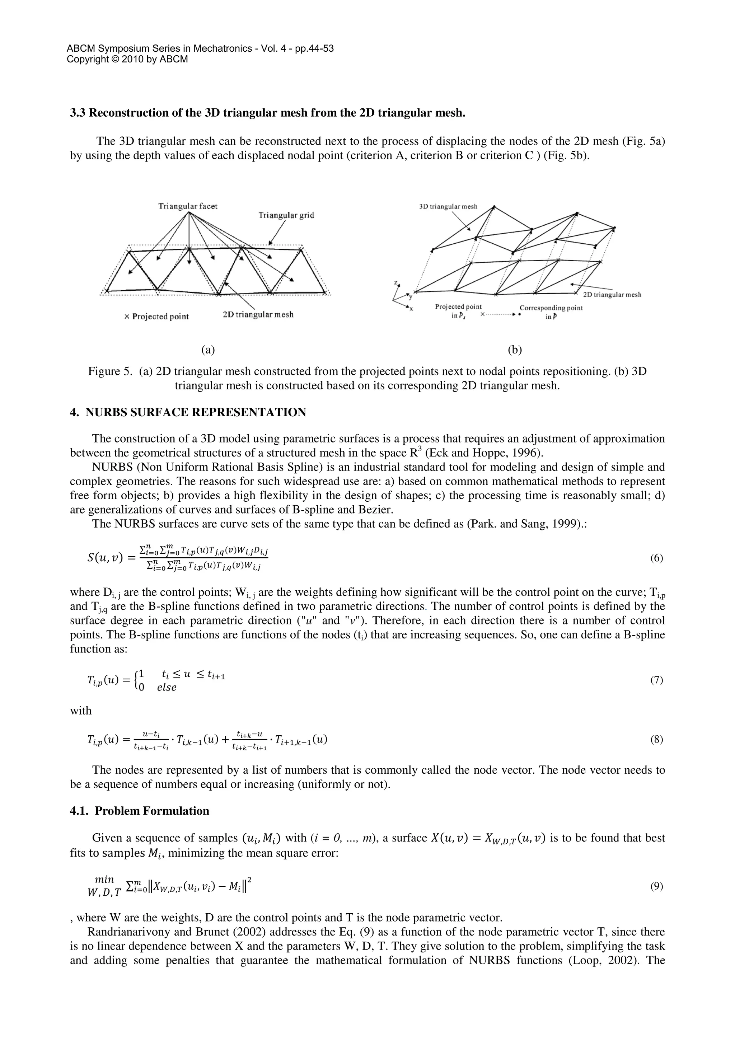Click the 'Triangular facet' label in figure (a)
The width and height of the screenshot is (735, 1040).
click(x=187, y=206)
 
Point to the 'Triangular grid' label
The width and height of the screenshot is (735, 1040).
click(x=286, y=215)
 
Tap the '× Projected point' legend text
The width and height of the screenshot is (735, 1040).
click(x=156, y=316)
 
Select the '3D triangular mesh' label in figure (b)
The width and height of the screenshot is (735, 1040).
click(x=448, y=207)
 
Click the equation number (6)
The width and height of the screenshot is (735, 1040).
click(x=656, y=558)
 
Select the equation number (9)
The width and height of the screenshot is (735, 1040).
click(x=656, y=886)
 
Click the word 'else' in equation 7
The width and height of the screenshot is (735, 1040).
click(x=167, y=688)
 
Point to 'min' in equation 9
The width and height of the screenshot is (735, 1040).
click(x=104, y=880)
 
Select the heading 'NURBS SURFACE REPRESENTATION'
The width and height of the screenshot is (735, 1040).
click(x=196, y=412)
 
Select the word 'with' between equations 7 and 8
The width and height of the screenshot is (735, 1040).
click(x=81, y=711)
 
